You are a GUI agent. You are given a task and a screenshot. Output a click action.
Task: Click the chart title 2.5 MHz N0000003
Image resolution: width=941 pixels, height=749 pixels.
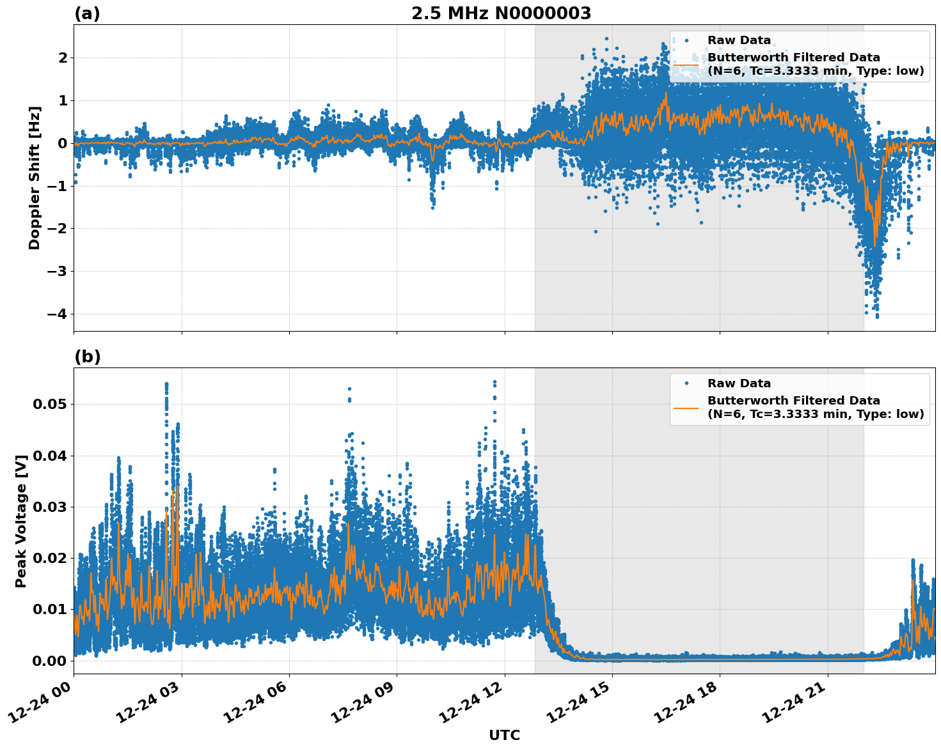(501, 13)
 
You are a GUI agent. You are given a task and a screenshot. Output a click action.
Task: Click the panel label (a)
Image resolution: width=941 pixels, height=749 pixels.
(87, 13)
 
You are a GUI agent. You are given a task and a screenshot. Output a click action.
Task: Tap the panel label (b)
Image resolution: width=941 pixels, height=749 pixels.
(87, 357)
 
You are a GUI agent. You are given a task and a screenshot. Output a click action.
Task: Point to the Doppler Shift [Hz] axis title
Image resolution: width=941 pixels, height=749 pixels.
(35, 178)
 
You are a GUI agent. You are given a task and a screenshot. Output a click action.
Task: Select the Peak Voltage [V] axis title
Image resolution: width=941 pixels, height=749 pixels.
(21, 521)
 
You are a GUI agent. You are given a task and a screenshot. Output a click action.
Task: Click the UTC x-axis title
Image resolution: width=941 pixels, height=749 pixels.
(504, 735)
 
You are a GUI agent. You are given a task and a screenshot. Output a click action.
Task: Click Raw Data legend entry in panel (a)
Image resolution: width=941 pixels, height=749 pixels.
(739, 40)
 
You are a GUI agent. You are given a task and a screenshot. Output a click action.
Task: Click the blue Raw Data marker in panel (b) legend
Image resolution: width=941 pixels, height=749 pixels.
(686, 383)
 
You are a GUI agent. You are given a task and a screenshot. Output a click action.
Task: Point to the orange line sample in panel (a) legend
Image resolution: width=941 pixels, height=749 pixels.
(686, 65)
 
